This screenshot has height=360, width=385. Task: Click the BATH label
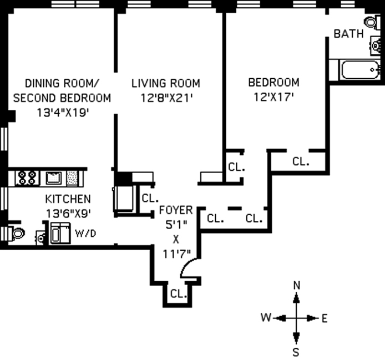click(x=348, y=34)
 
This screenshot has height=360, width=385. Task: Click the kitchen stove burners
click(x=27, y=178)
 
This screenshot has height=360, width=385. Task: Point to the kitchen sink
click(x=54, y=178)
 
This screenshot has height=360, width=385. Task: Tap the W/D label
click(x=85, y=234)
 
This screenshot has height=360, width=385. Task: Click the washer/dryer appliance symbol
click(x=60, y=233)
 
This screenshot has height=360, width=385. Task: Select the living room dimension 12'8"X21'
click(x=166, y=98)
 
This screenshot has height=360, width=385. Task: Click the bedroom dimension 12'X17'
click(x=274, y=97)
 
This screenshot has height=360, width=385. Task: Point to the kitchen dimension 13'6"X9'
click(x=68, y=213)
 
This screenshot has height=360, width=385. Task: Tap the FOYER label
click(x=176, y=210)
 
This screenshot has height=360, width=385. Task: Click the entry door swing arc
click(x=188, y=266)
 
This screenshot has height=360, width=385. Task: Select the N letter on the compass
click(x=297, y=285)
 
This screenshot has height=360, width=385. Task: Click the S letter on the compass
click(x=296, y=352)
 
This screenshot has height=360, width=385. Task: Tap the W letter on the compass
click(x=266, y=317)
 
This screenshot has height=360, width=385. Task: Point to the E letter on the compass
click(x=325, y=319)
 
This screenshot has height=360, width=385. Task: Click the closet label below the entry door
click(x=179, y=293)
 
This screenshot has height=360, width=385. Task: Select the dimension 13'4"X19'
click(x=63, y=113)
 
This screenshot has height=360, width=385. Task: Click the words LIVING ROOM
click(x=166, y=84)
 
